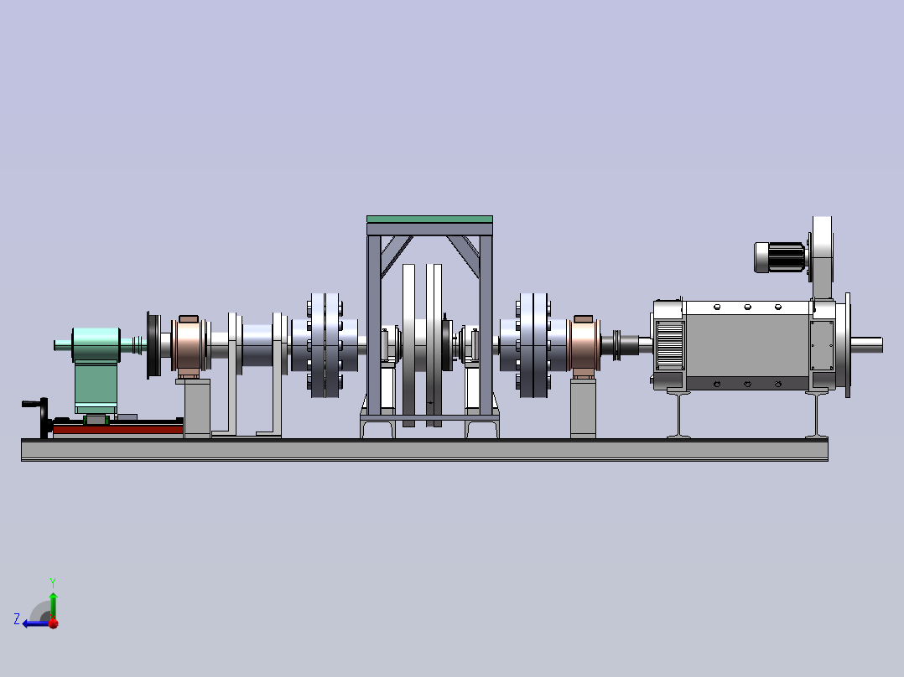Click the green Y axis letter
click(x=53, y=582)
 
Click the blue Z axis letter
click(x=17, y=619)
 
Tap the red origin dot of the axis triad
click(x=54, y=623)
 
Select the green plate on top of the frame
click(x=429, y=219)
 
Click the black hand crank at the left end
click(x=40, y=416)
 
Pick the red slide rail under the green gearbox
click(x=117, y=429)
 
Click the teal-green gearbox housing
click(x=96, y=369)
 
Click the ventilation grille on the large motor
click(x=670, y=345)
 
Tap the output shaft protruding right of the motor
click(x=866, y=345)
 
